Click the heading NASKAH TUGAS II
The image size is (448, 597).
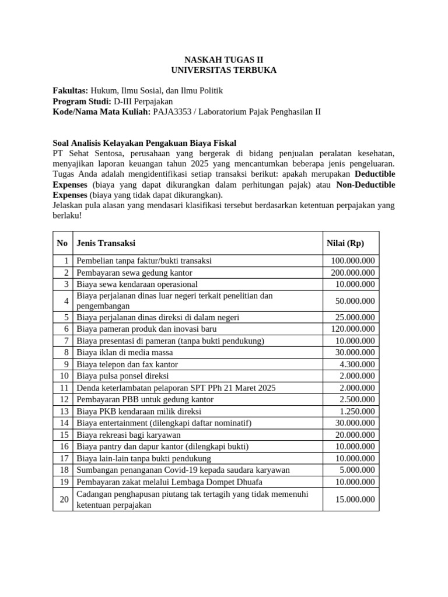[x=224, y=59]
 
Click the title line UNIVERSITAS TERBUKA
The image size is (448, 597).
[x=224, y=70]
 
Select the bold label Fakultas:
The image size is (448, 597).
[x=71, y=91]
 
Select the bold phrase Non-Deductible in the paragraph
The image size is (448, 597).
[x=366, y=185]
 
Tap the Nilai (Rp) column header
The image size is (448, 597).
[x=345, y=243]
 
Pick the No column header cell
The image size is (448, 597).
[x=62, y=243]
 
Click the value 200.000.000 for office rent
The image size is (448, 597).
[x=352, y=273]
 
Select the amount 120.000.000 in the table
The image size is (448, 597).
[x=352, y=329]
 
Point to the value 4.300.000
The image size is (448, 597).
[x=357, y=364]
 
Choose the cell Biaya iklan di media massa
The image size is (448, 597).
[x=125, y=353]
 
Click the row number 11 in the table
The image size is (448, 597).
[x=64, y=388]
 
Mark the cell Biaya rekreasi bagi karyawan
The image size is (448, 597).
[x=128, y=435]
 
